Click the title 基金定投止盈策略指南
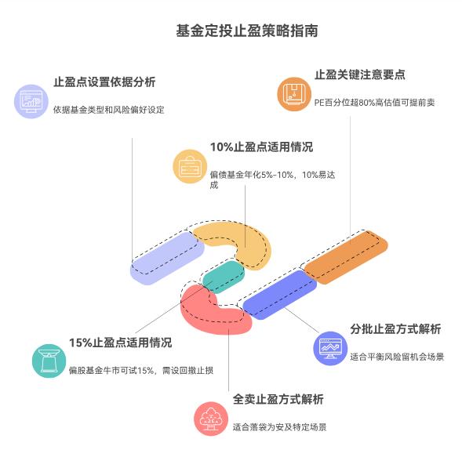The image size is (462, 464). (x=231, y=31)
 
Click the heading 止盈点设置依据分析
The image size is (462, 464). (x=104, y=82)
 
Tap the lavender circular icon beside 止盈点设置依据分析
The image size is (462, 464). (x=32, y=102)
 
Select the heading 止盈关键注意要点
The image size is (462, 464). (x=359, y=74)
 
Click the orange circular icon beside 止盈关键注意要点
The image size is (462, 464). (x=293, y=96)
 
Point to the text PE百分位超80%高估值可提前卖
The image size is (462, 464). (x=373, y=102)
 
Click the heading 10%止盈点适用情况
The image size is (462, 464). (x=260, y=147)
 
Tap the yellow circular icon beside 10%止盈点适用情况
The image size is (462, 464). (x=189, y=167)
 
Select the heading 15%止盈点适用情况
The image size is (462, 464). (x=120, y=343)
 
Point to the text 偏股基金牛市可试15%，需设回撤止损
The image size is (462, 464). (x=140, y=369)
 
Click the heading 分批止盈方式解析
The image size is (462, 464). (x=395, y=328)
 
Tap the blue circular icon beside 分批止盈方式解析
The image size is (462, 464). (x=329, y=348)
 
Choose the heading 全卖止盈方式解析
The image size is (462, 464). (x=278, y=399)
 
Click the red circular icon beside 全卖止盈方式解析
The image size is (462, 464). (x=210, y=419)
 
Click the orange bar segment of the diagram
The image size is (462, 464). (x=345, y=258)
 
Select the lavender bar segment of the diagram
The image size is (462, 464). (x=167, y=258)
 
